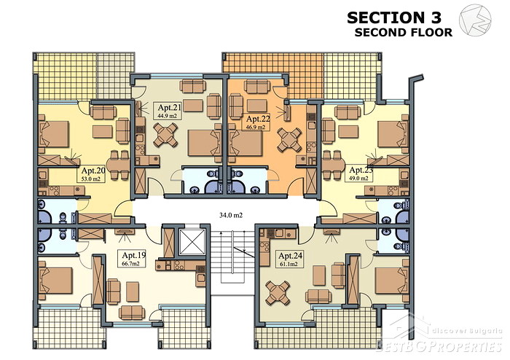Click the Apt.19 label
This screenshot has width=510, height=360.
(134, 255)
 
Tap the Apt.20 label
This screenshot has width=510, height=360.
(93, 171)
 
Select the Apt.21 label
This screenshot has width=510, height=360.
(169, 108)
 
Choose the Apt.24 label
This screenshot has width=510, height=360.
(291, 256)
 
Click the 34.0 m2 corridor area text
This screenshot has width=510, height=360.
(231, 215)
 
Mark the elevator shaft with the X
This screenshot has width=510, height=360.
(192, 242)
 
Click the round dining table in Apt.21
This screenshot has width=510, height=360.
(165, 135)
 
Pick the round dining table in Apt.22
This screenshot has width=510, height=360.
(289, 139)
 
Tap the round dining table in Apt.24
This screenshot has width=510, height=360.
(278, 293)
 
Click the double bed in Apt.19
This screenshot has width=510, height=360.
(56, 281)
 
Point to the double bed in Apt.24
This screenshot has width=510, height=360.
(392, 281)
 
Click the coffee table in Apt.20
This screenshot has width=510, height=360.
(103, 132)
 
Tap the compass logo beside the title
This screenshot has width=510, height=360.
(475, 20)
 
